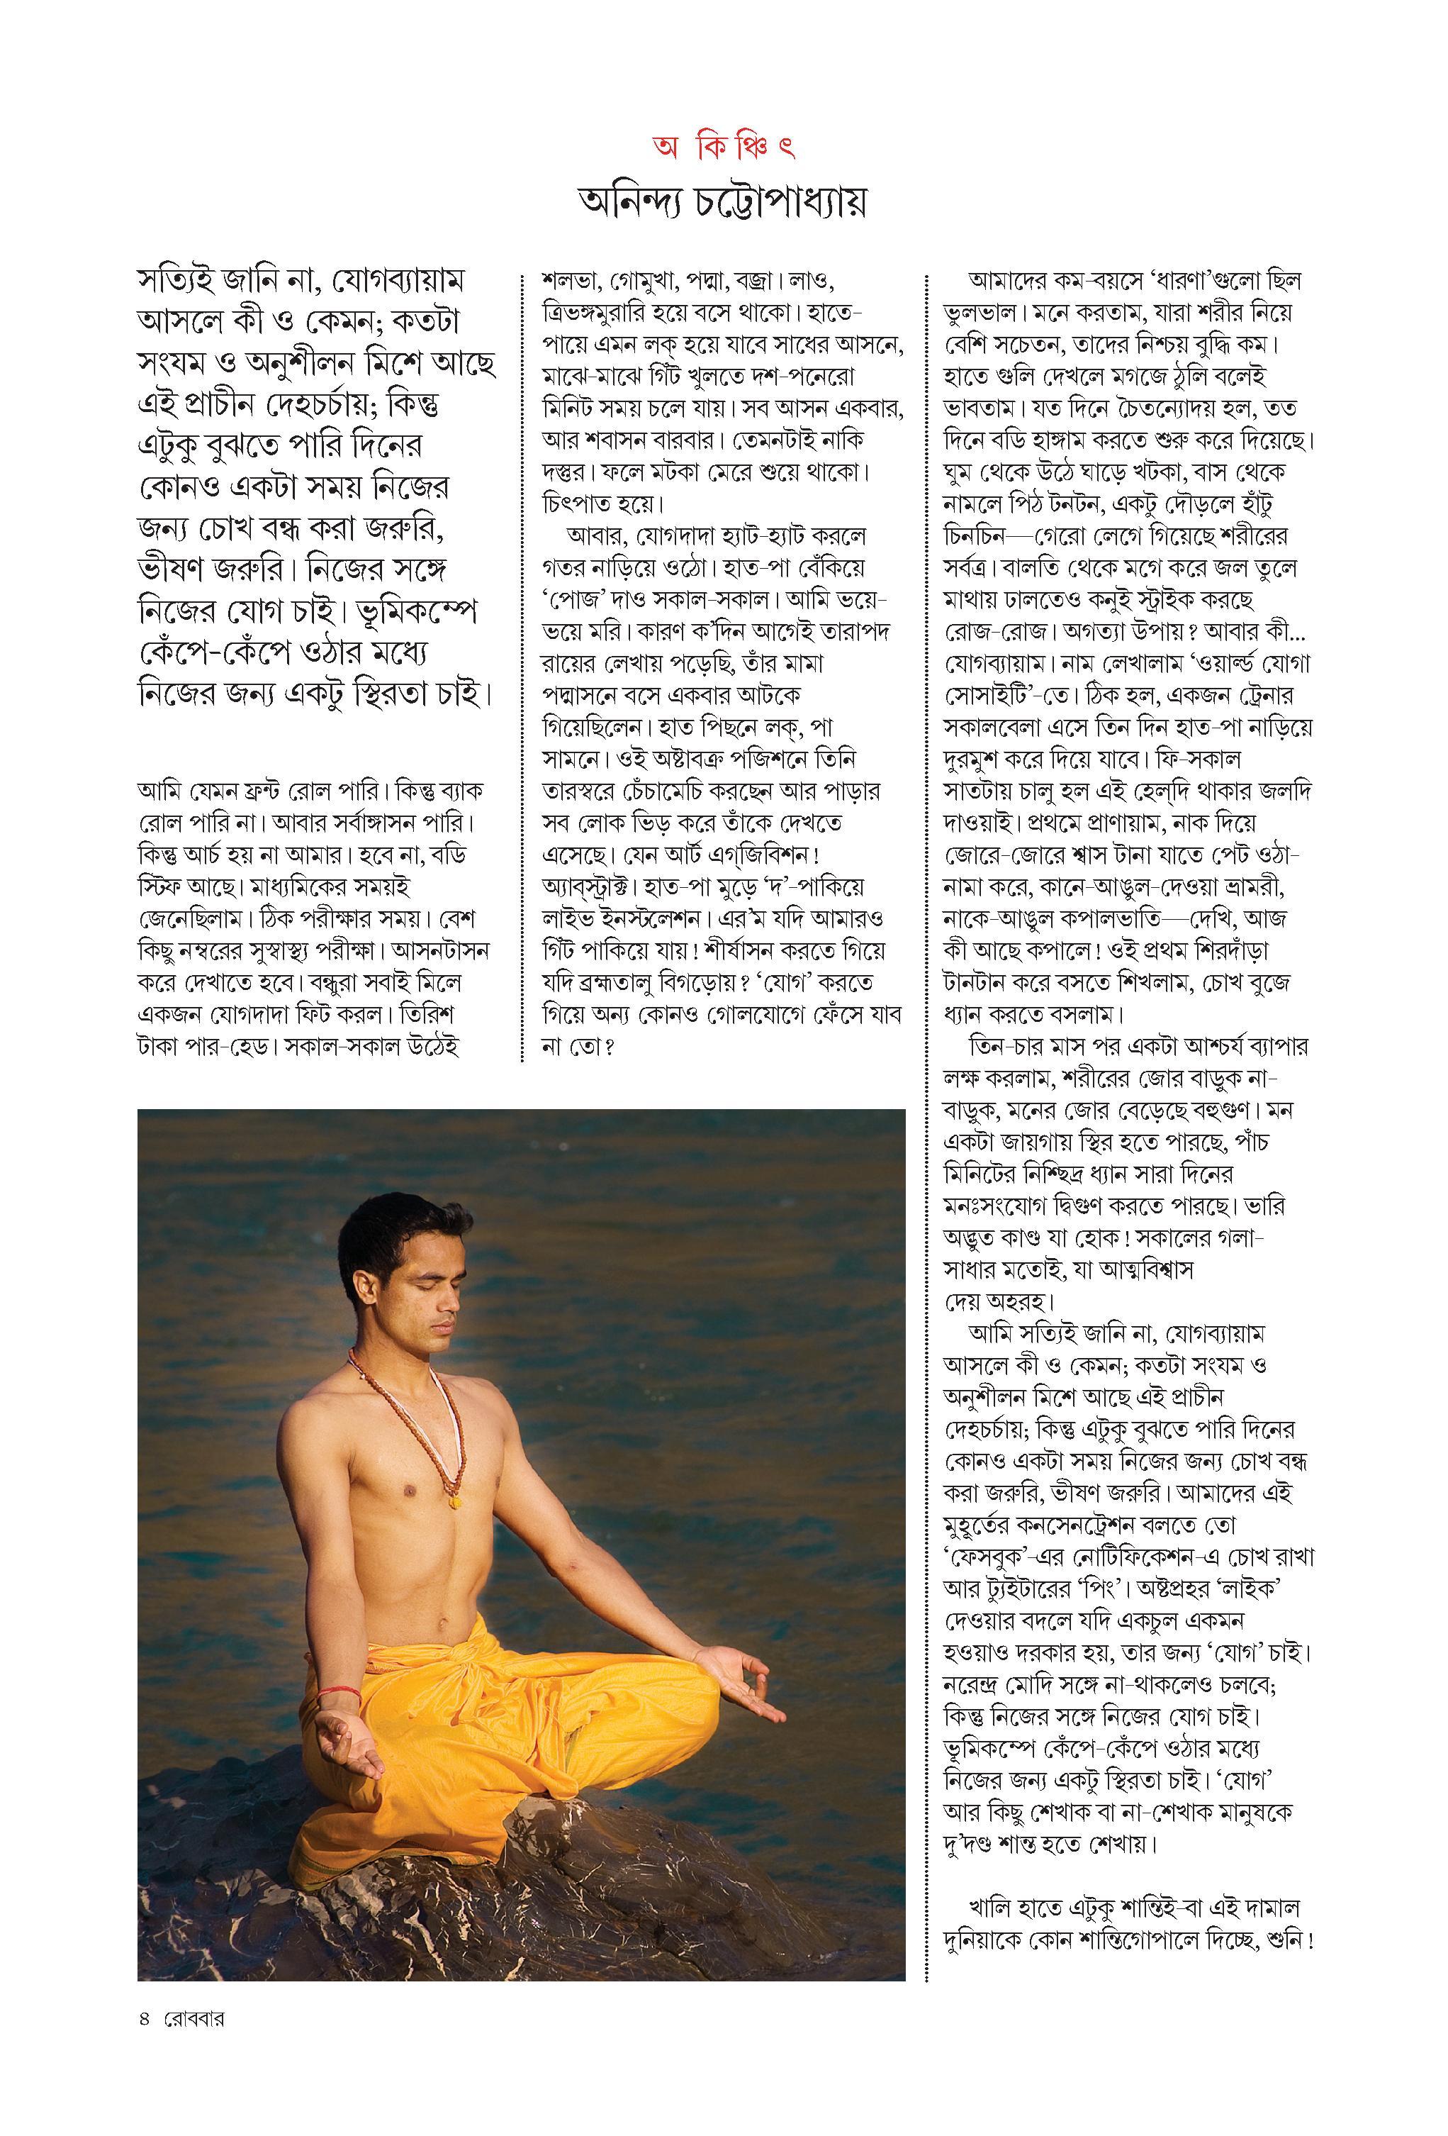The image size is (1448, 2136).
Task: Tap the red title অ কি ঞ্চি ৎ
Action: coord(724,147)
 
